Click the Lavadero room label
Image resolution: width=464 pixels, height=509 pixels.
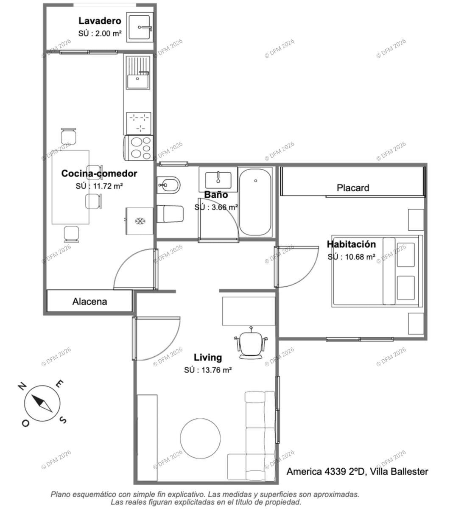point(100,21)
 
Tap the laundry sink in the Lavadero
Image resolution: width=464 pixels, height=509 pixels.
point(140,27)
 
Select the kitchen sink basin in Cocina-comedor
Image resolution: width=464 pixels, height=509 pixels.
point(138,81)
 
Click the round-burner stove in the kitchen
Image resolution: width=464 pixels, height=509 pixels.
point(139,148)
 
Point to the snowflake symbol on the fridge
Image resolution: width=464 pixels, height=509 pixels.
point(140,221)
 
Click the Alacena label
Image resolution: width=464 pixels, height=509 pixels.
point(89,302)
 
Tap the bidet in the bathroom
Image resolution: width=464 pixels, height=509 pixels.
point(168,185)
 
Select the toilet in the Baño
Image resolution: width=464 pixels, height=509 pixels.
point(170,214)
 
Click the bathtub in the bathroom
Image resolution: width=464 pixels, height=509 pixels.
point(255,202)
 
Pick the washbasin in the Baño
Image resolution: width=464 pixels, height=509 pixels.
point(218,180)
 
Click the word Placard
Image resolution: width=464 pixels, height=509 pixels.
point(353,188)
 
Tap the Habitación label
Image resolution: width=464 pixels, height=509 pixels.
point(351,244)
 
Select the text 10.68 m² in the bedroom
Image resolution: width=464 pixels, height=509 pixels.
point(360,257)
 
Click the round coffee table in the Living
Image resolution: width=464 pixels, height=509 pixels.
point(200,438)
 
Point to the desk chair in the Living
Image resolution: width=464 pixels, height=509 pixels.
point(251,343)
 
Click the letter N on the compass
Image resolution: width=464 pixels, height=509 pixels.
point(22,386)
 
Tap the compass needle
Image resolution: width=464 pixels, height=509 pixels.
point(42,403)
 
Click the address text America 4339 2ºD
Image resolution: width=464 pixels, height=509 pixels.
point(326,471)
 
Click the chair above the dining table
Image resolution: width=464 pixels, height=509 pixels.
point(69,136)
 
